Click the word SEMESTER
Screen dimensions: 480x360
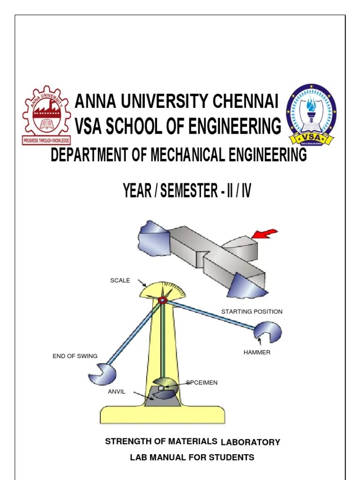(x=187, y=191)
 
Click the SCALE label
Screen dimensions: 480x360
(x=120, y=280)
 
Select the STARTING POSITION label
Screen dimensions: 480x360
(x=252, y=311)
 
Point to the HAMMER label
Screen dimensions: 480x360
(x=257, y=352)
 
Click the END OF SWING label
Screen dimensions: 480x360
(x=75, y=356)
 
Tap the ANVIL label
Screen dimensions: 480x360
(x=117, y=392)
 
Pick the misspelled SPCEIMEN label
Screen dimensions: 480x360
(x=202, y=383)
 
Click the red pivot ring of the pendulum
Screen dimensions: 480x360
(x=162, y=300)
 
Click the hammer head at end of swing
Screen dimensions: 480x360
(x=102, y=373)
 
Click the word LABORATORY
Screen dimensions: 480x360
(x=250, y=442)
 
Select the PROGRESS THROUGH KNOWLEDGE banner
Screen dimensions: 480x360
(x=46, y=140)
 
